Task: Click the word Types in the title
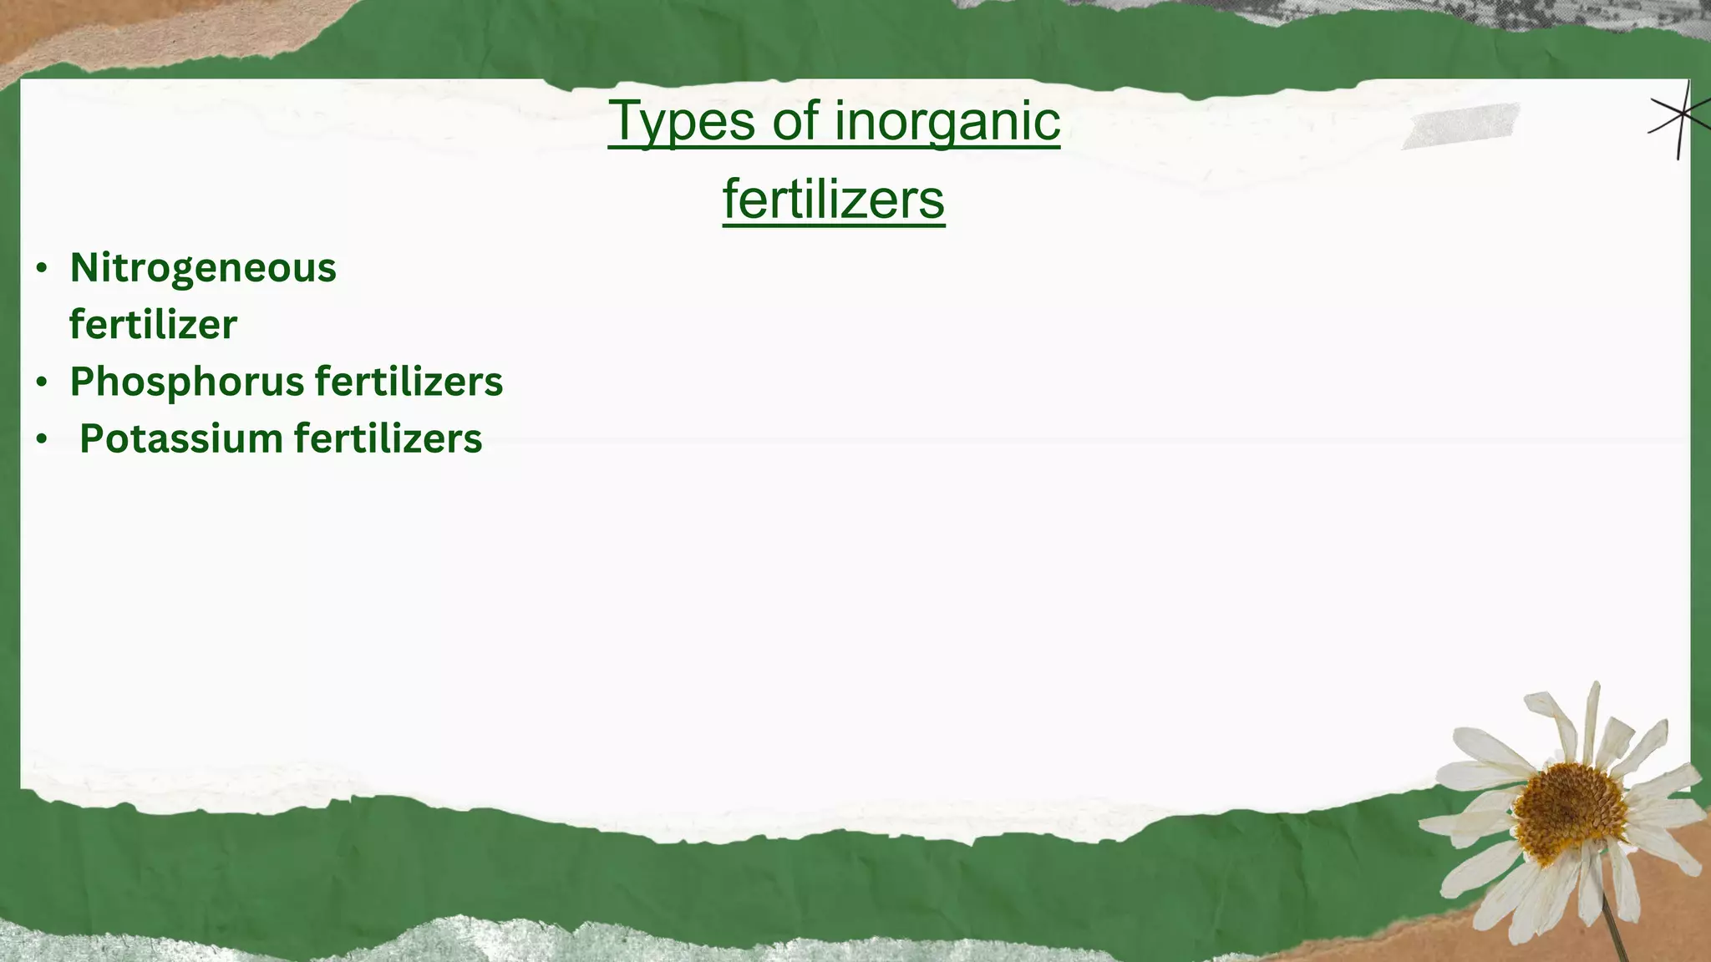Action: tap(682, 122)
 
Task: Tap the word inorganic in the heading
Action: tap(947, 122)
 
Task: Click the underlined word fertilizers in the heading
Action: tap(834, 200)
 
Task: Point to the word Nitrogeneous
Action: tap(203, 268)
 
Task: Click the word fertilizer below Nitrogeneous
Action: tap(153, 325)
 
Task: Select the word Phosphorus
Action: tap(187, 382)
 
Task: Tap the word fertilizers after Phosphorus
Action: tap(409, 382)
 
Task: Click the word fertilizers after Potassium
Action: tap(388, 439)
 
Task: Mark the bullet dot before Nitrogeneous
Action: tap(42, 269)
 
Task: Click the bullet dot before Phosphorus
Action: tap(42, 382)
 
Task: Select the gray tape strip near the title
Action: tap(1461, 126)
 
